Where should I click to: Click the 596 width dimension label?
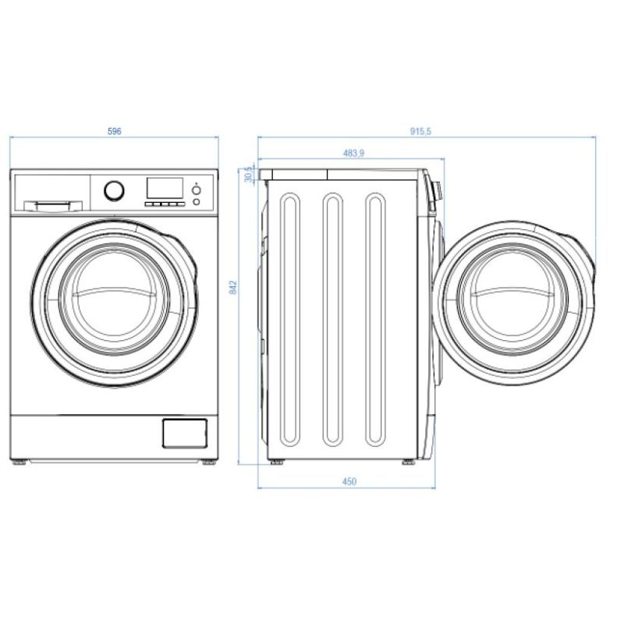point(114,132)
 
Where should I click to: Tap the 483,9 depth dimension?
point(353,154)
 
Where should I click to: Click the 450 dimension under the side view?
point(349,481)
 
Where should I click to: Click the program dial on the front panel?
point(114,190)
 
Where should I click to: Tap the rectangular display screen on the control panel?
point(165,188)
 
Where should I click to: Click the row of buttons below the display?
point(165,203)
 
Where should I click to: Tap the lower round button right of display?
point(196,202)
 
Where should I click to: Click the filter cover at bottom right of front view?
point(185,433)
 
